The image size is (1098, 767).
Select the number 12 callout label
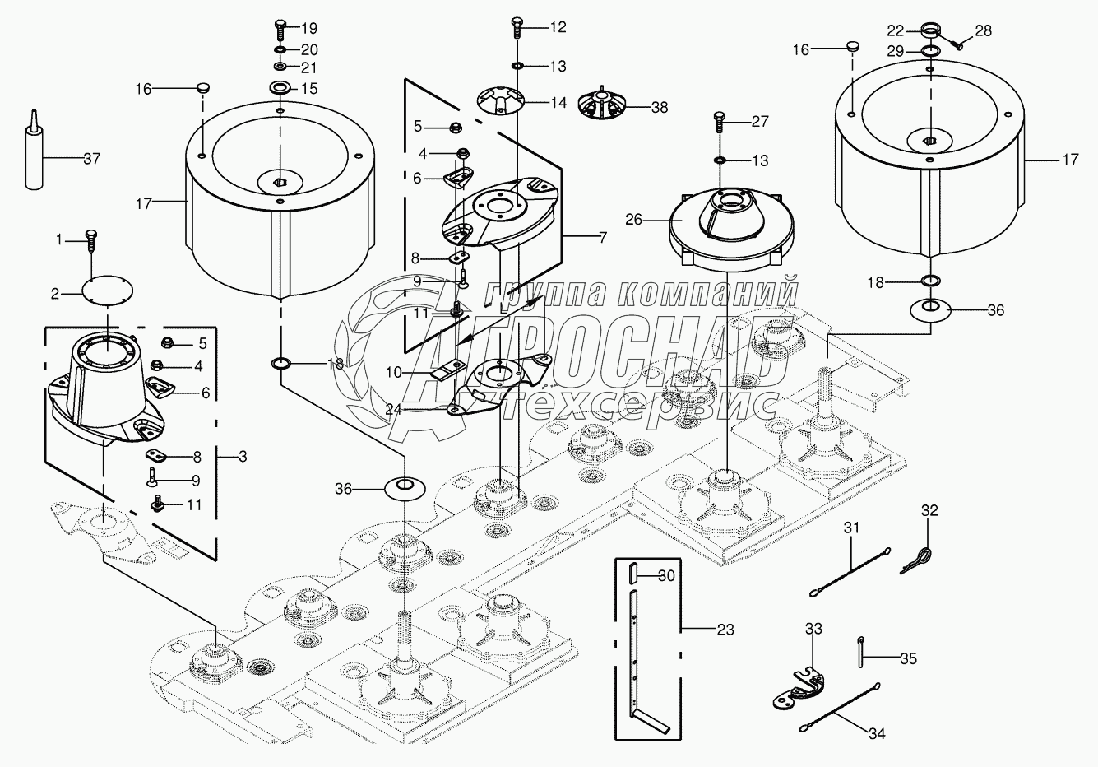558,27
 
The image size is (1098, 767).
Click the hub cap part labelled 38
601,106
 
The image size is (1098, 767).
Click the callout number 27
759,121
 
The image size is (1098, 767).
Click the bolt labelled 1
92,239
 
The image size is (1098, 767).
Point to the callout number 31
851,528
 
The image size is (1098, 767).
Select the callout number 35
907,658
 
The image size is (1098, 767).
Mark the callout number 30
666,576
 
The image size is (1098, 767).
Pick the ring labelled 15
280,88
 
